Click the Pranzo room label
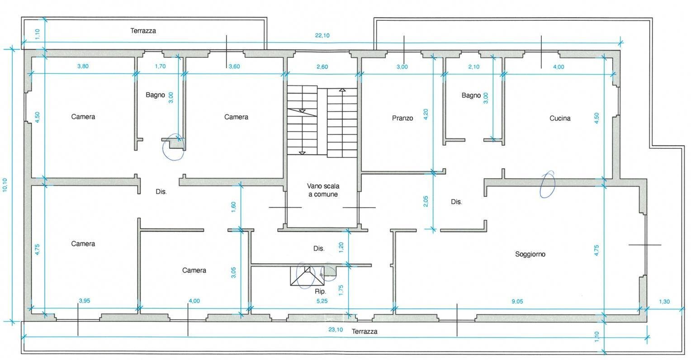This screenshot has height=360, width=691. pos(402,118)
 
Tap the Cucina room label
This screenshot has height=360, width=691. pos(560,118)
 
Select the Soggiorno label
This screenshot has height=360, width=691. pos(530,254)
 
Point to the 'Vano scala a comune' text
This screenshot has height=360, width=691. pos(323,190)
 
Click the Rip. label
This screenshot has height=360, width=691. pos(320,292)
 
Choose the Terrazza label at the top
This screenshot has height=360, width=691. pos(143,31)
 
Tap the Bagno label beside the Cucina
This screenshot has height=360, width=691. pos(471,95)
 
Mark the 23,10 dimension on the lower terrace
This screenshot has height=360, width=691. pos(335,330)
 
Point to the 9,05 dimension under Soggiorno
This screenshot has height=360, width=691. pos(517,301)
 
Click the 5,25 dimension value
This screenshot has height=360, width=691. pos(322,301)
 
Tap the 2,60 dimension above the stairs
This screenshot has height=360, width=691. pos(322,67)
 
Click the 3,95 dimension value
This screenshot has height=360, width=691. pos(85,301)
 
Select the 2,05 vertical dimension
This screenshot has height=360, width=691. pos(426,201)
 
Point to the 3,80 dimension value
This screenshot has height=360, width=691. pos(83,66)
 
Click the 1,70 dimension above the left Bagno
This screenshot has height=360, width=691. pos(160,66)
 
